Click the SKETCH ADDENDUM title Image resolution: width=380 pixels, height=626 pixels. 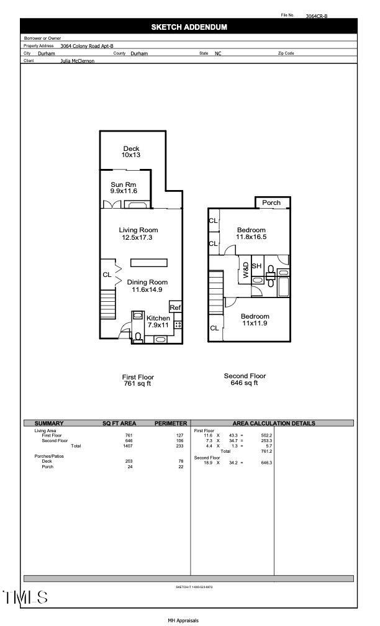pyautogui.click(x=189, y=27)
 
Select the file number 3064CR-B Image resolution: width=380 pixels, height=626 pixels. pyautogui.click(x=317, y=17)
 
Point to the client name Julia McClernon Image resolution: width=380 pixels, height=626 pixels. pyautogui.click(x=77, y=61)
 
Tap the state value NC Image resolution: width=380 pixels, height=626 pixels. pyautogui.click(x=218, y=54)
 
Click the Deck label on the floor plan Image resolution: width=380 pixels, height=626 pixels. pyautogui.click(x=131, y=148)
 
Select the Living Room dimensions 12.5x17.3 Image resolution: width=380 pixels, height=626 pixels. pyautogui.click(x=138, y=237)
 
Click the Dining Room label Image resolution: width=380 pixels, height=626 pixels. pyautogui.click(x=147, y=282)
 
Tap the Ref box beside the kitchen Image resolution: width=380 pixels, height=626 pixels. pyautogui.click(x=175, y=307)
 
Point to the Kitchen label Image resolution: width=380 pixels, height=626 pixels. pyautogui.click(x=158, y=318)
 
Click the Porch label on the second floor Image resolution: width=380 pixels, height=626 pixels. pyautogui.click(x=271, y=202)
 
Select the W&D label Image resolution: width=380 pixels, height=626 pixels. pyautogui.click(x=245, y=270)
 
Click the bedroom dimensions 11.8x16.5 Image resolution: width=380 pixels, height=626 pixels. pyautogui.click(x=251, y=237)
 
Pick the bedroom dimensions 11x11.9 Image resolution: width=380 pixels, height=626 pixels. pyautogui.click(x=255, y=323)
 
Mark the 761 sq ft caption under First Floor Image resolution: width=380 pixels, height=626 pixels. pyautogui.click(x=137, y=384)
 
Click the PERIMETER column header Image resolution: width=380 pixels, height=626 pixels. pyautogui.click(x=170, y=423)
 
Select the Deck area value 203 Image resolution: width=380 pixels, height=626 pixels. pyautogui.click(x=129, y=461)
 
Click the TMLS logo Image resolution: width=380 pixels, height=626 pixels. pyautogui.click(x=25, y=597)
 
